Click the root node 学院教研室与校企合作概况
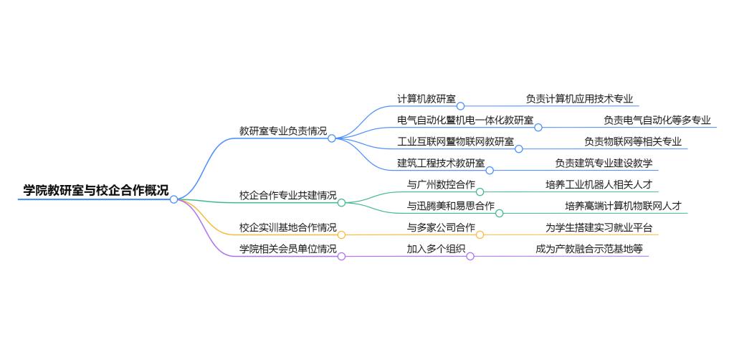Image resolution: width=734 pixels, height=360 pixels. (96, 191)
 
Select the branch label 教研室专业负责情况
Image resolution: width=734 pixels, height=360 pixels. (282, 131)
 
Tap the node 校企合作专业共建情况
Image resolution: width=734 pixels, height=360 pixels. (287, 195)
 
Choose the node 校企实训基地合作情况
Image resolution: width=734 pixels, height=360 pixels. (287, 228)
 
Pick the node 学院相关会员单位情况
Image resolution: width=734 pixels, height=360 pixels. (287, 249)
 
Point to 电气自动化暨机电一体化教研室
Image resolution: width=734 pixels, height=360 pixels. (465, 120)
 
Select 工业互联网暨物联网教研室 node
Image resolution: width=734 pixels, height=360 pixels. (455, 141)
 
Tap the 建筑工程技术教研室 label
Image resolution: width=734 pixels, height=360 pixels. (441, 163)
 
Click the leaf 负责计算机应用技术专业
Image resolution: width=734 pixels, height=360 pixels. (578, 99)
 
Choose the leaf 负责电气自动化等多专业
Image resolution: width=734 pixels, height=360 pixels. (657, 120)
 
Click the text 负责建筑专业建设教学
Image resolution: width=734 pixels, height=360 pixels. (604, 163)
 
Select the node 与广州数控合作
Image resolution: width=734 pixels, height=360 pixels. (441, 184)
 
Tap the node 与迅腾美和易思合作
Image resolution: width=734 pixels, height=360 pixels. (451, 206)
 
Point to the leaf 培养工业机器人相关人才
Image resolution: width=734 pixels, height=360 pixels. (599, 184)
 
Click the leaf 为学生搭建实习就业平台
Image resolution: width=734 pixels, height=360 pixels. (599, 228)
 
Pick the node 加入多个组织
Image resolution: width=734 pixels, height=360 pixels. (436, 249)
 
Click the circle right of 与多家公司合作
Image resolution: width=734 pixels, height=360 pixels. (480, 235)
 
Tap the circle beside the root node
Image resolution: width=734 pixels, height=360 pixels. (173, 199)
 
